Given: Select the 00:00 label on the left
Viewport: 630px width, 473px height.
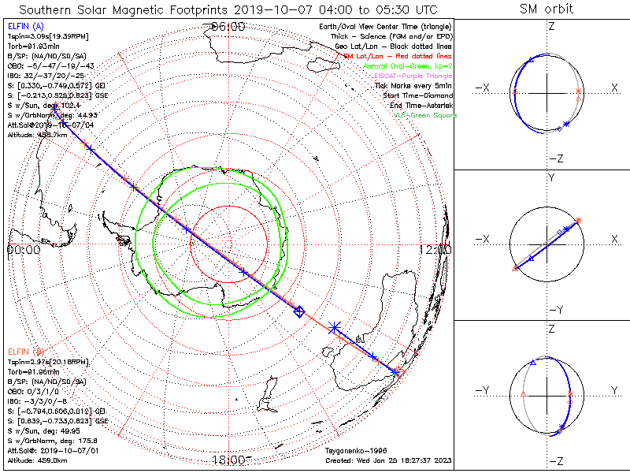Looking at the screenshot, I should tap(23, 250).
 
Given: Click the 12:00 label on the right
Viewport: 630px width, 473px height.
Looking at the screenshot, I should tap(436, 250).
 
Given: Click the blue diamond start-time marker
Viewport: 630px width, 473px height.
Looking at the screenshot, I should tap(298, 312).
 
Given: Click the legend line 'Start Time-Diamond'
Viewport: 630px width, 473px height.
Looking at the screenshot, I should tap(417, 95).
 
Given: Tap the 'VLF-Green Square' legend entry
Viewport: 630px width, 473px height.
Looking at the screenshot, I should tap(424, 115).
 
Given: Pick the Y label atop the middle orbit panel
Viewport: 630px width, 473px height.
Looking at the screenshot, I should tap(551, 178).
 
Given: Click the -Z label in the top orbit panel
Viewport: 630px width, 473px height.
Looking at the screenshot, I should tap(555, 158).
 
